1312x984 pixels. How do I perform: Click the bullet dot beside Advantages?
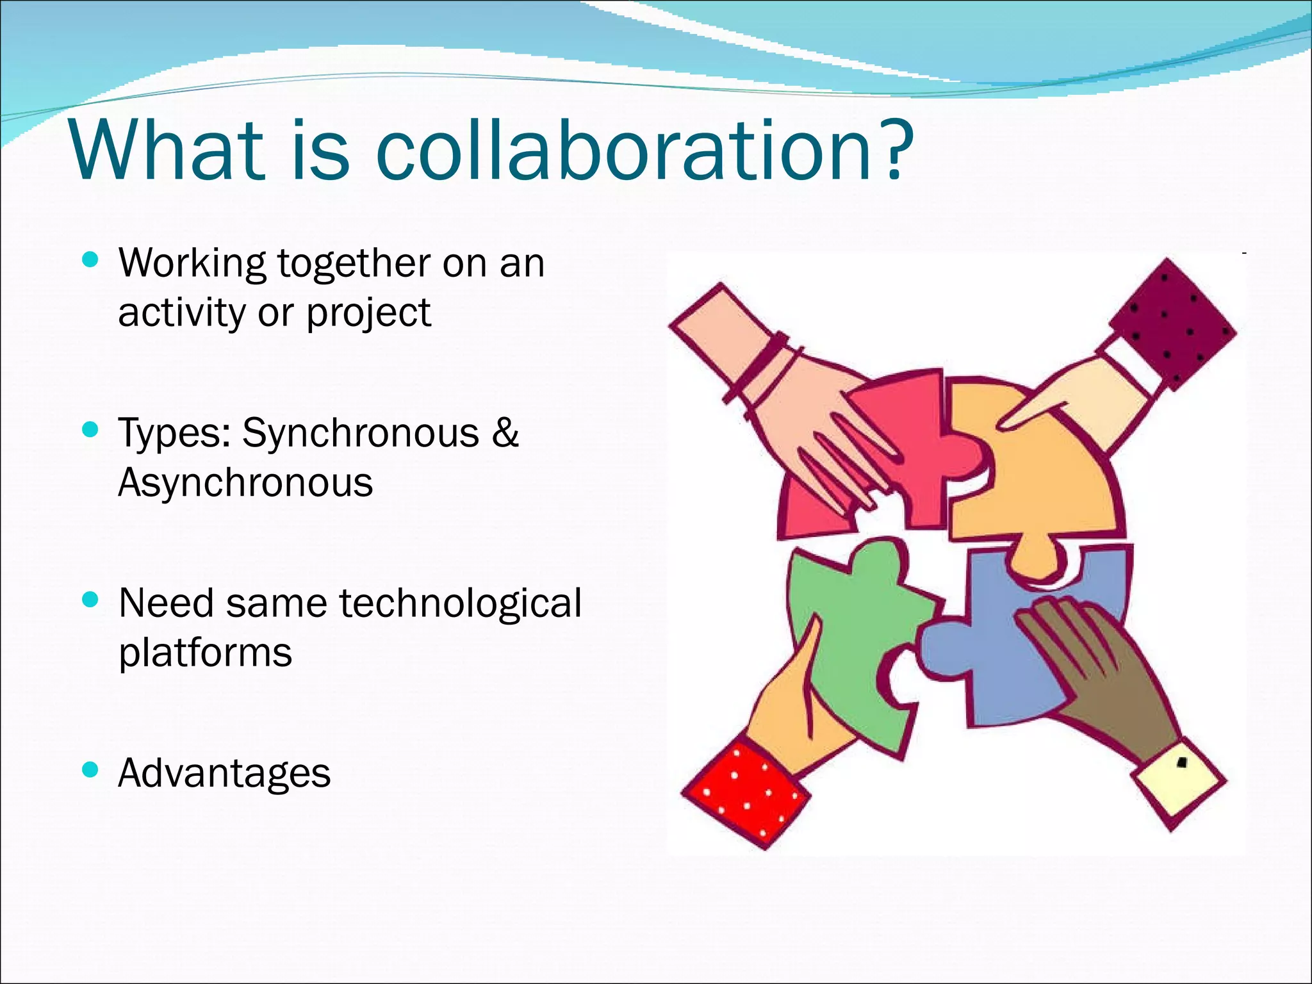click(x=91, y=769)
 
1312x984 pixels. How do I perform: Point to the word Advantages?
click(x=224, y=773)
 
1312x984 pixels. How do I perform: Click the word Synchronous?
click(x=361, y=432)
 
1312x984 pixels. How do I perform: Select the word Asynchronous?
click(x=245, y=482)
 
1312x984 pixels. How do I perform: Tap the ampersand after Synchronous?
click(x=505, y=432)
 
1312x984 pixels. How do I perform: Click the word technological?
click(x=460, y=603)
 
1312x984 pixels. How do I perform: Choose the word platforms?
click(x=205, y=653)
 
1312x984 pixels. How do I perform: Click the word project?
click(x=368, y=313)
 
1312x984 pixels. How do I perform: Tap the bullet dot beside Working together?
click(x=91, y=260)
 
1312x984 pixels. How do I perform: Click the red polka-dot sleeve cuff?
click(x=746, y=794)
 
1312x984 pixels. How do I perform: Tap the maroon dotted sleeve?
click(x=1172, y=320)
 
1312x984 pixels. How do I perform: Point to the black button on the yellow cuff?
click(x=1183, y=762)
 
